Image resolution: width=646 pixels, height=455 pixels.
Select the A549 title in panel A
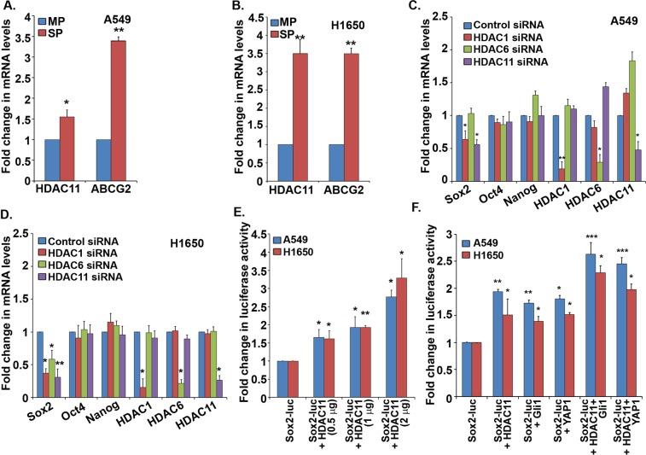click(x=175, y=16)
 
